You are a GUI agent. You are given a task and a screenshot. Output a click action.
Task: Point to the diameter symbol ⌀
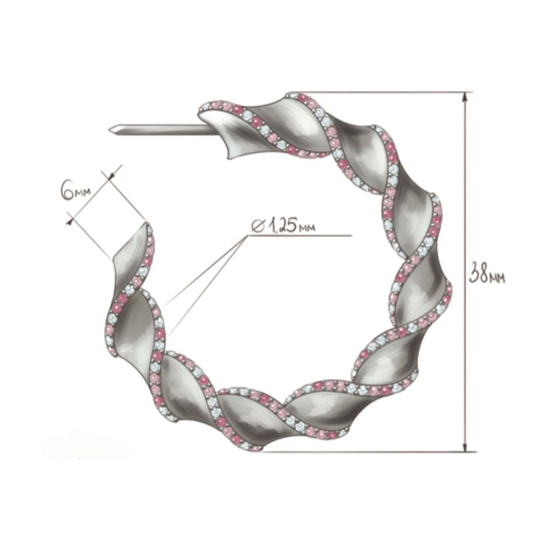tap(258, 226)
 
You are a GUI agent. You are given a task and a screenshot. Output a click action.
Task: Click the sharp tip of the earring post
tap(110, 130)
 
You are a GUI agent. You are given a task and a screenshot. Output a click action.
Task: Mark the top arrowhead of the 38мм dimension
tap(465, 97)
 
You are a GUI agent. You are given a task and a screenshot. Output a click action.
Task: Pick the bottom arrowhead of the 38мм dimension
tap(465, 447)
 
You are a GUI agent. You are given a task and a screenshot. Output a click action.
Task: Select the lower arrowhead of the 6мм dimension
tap(70, 219)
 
